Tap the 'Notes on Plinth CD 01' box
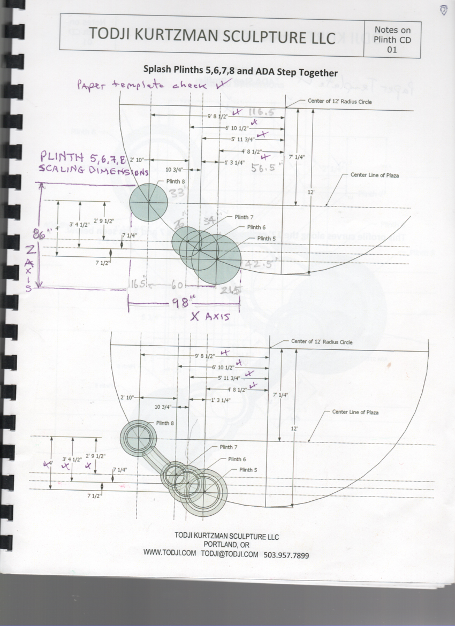click(393, 39)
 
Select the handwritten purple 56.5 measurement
click(263, 166)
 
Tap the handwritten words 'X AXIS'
click(210, 317)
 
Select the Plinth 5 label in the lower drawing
click(248, 470)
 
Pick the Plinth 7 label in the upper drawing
click(244, 217)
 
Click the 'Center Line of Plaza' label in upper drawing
click(375, 175)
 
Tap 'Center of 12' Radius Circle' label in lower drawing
click(322, 342)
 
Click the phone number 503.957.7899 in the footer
click(286, 555)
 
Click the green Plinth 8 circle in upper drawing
click(148, 202)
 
